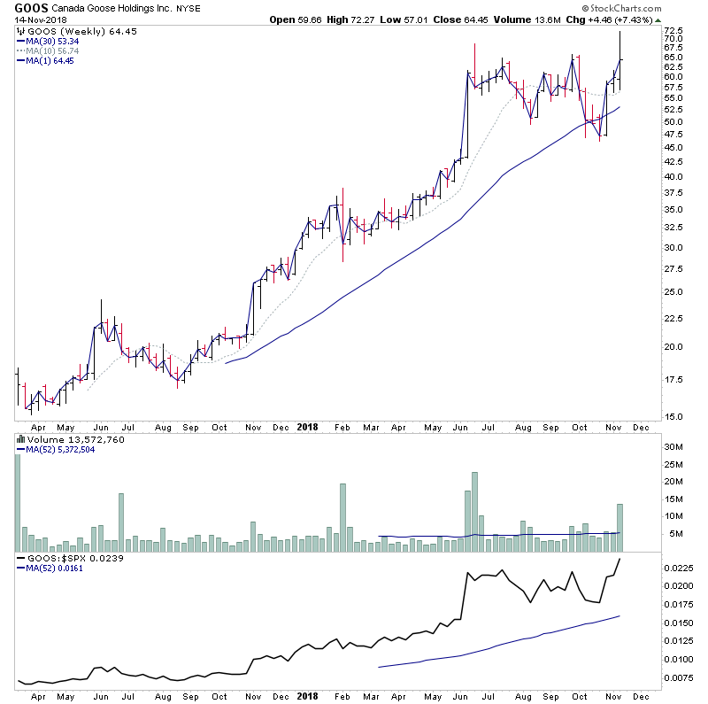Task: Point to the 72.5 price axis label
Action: point(676,28)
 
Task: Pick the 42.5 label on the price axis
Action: point(676,162)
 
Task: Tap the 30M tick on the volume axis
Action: point(674,447)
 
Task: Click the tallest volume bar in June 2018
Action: point(475,512)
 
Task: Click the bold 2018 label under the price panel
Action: point(307,426)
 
